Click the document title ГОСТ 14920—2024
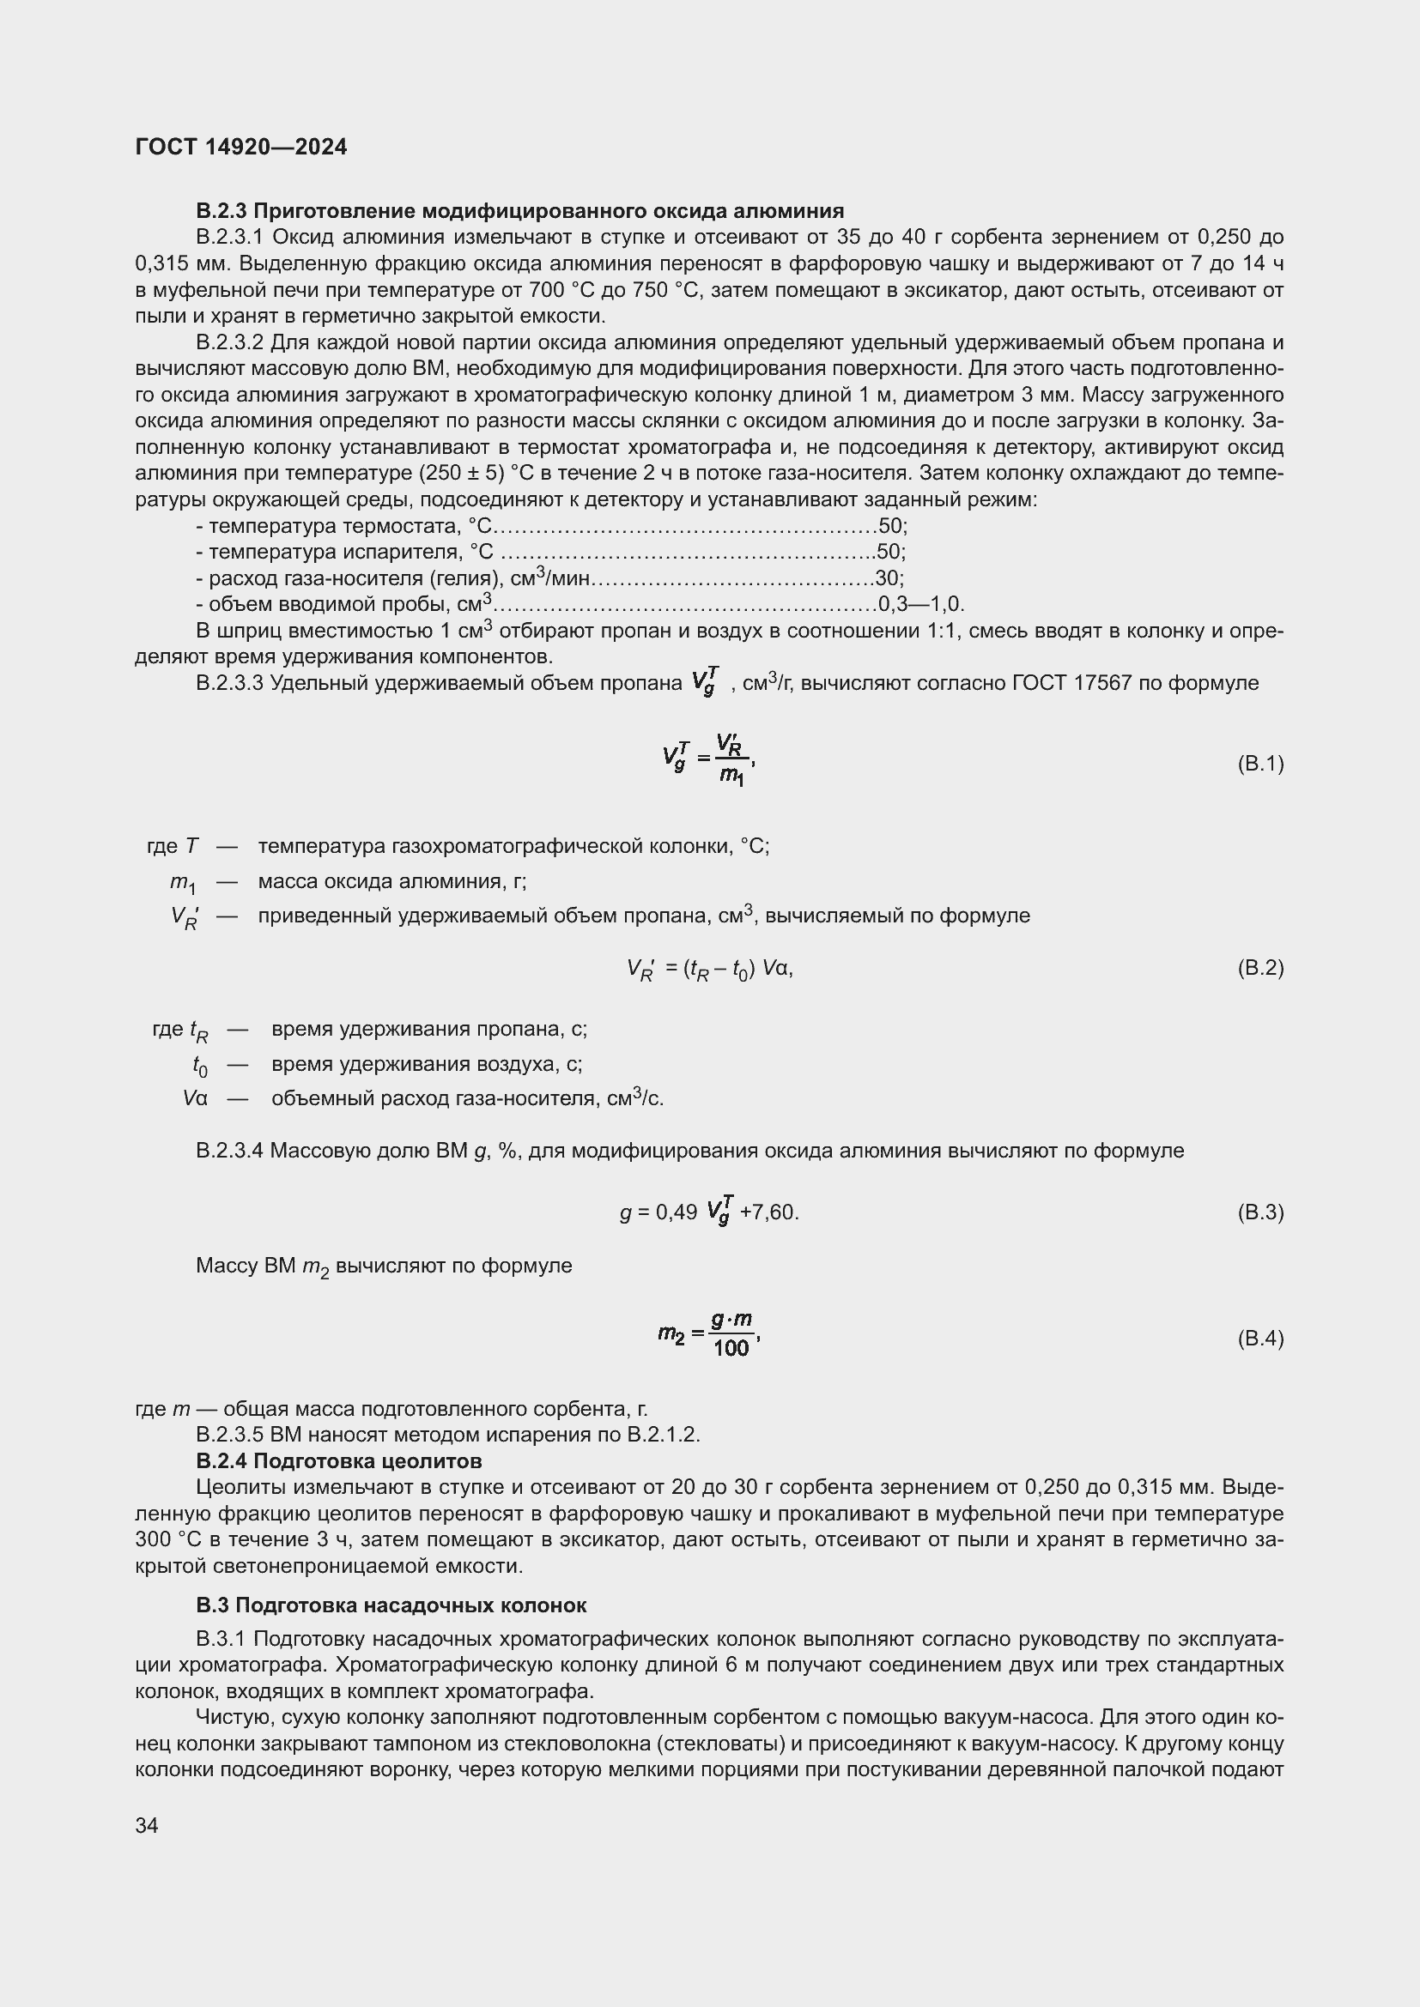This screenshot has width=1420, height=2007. [241, 147]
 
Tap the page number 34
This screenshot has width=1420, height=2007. [147, 1825]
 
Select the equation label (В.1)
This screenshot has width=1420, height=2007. [1260, 764]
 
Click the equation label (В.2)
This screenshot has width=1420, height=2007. [1260, 968]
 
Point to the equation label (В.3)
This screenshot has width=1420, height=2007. [1260, 1212]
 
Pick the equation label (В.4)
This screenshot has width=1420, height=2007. [1260, 1339]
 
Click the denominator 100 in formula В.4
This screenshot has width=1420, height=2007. [731, 1349]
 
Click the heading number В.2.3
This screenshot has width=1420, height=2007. [222, 211]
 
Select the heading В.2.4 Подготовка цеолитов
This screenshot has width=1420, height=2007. [338, 1461]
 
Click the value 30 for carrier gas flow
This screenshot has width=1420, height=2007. [888, 577]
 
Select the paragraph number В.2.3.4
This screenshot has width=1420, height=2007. [229, 1152]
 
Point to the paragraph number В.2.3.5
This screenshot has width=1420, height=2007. [229, 1436]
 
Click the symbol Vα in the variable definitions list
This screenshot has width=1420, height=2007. [195, 1099]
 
